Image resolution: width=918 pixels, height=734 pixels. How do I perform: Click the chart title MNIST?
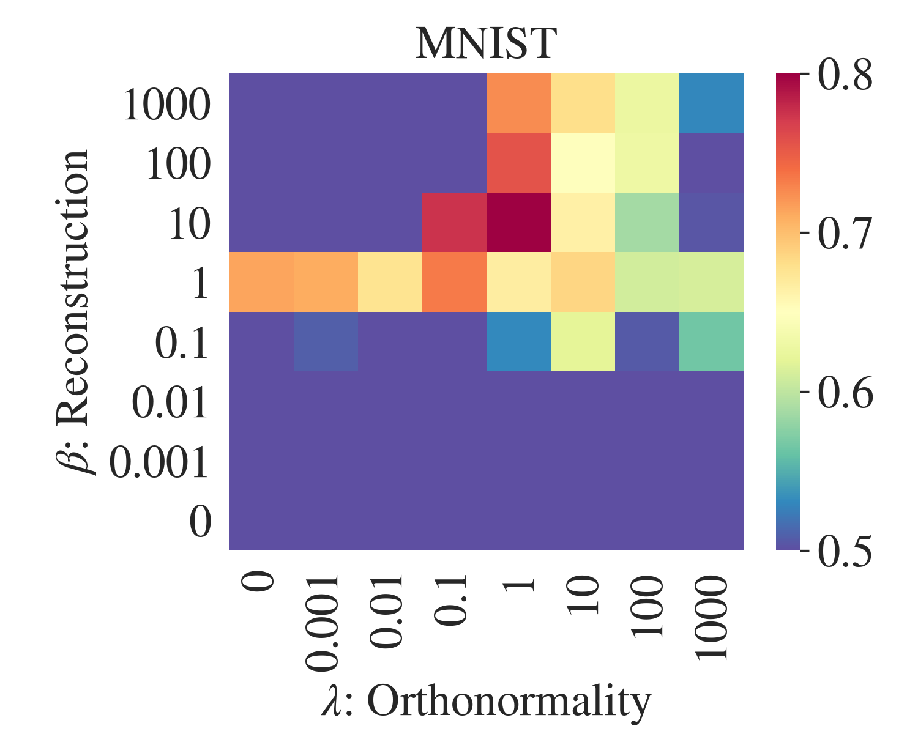tap(486, 44)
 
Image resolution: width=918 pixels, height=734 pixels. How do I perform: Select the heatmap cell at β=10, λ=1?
tap(518, 222)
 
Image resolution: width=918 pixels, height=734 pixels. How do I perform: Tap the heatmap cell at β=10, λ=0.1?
tap(454, 222)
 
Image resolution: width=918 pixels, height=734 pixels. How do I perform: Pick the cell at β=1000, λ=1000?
tap(711, 103)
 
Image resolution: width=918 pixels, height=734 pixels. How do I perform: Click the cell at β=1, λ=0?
tap(261, 282)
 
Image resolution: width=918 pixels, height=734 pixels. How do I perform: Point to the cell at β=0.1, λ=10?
tap(583, 341)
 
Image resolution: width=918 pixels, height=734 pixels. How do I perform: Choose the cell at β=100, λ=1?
tap(518, 163)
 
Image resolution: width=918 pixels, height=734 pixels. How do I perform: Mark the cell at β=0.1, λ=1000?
tap(711, 341)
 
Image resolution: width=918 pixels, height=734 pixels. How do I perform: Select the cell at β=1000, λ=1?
tap(518, 103)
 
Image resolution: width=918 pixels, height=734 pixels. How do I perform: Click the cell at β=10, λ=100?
tap(647, 222)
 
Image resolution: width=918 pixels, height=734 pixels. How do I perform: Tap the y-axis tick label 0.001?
tap(159, 462)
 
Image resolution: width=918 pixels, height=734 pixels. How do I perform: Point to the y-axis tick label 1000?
tap(166, 105)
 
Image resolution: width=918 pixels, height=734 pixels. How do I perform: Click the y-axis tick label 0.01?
tap(171, 403)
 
